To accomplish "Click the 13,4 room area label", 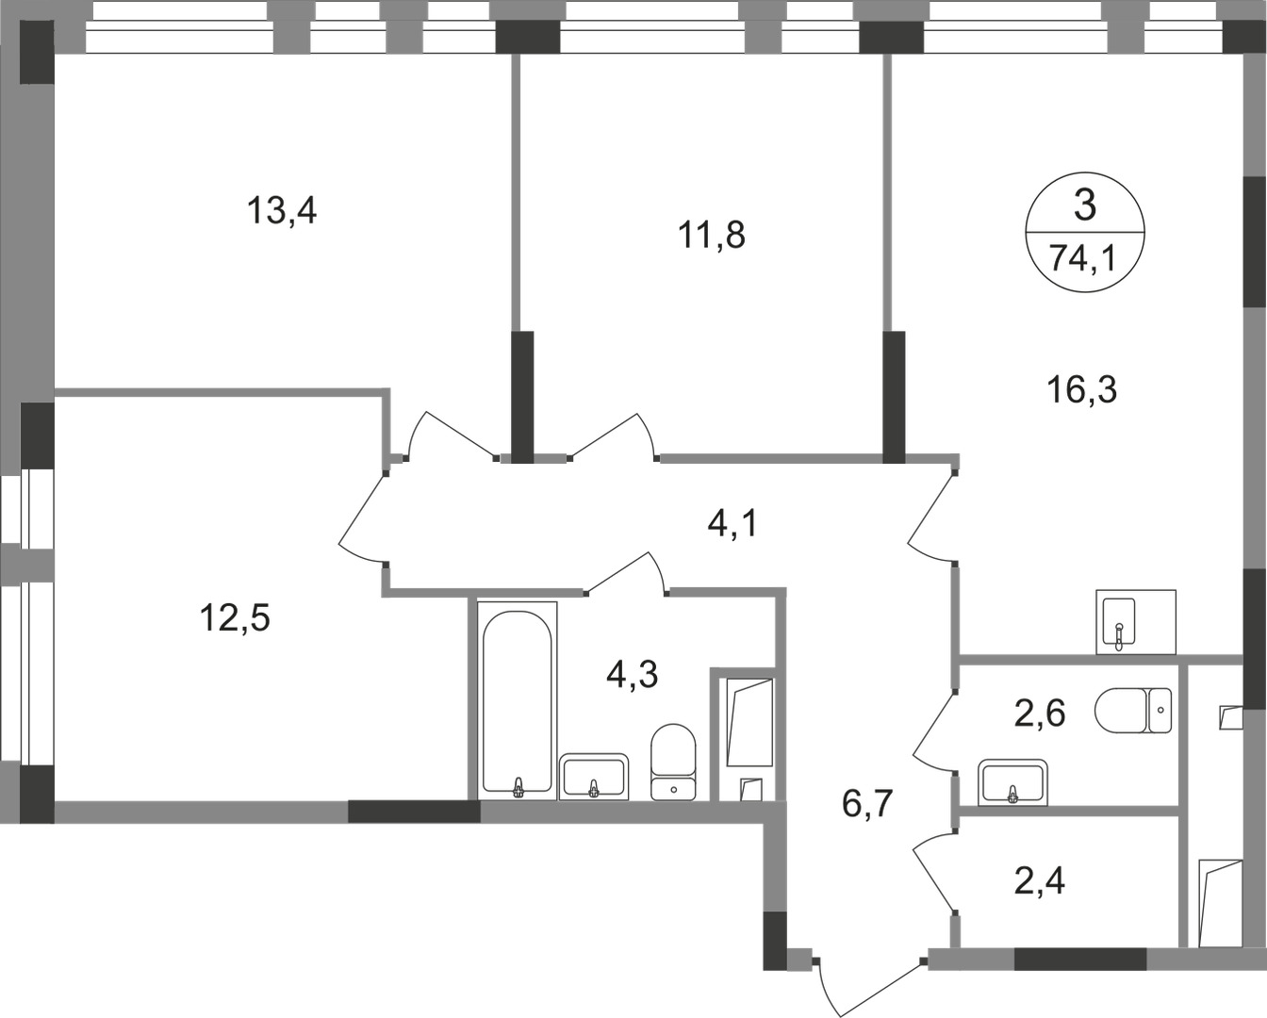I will pyautogui.click(x=281, y=209).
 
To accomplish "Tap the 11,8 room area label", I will pyautogui.click(x=712, y=235).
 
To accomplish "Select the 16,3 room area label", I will pyautogui.click(x=1082, y=387).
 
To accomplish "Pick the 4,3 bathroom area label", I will pyautogui.click(x=631, y=674).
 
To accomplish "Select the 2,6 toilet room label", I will pyautogui.click(x=1039, y=714).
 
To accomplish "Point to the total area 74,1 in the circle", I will pyautogui.click(x=1083, y=257).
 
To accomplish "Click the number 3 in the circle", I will pyautogui.click(x=1085, y=205).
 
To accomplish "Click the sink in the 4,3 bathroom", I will pyautogui.click(x=593, y=777).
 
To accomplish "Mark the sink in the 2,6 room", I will pyautogui.click(x=1012, y=783).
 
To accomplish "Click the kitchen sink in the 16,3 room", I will pyautogui.click(x=1119, y=622).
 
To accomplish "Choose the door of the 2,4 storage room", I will pyautogui.click(x=933, y=875).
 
